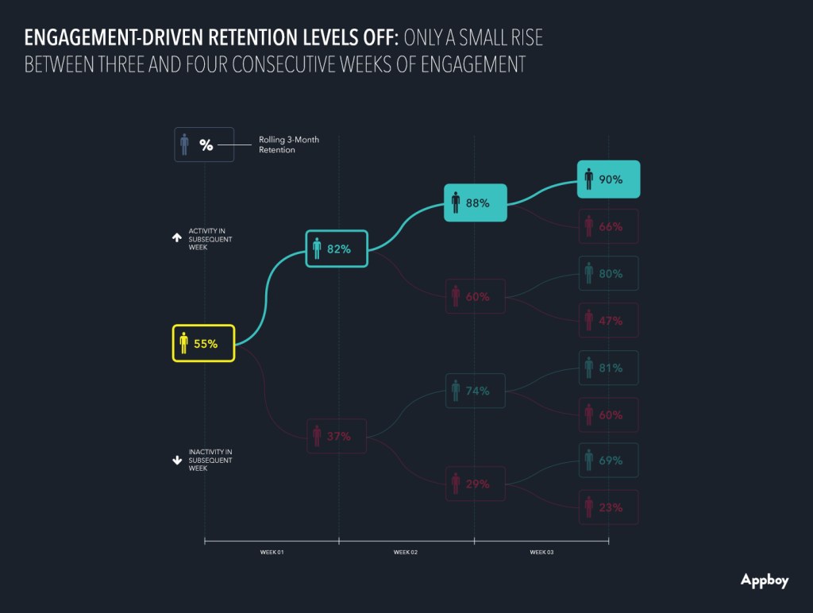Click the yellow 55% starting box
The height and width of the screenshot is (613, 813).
pos(204,343)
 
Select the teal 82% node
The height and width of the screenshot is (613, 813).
pos(337,249)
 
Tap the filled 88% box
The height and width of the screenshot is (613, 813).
pos(475,202)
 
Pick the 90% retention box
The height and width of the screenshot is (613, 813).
pos(609,179)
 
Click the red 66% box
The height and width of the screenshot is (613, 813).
pos(609,226)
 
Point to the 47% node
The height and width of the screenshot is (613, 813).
pos(609,321)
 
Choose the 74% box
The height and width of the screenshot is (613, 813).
pos(475,391)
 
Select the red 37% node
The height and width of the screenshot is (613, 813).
pos(337,436)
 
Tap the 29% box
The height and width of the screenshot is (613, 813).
pos(475,484)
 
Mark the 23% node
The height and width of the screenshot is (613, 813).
pos(609,507)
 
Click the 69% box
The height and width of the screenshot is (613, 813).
pos(609,460)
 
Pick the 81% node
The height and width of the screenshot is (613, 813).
pos(609,368)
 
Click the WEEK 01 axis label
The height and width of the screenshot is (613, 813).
pos(272,552)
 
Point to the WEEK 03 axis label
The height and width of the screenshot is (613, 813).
pos(541,552)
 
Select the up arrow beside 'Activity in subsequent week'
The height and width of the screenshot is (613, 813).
pos(177,237)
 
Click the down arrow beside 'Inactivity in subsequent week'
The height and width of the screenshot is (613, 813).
pos(177,459)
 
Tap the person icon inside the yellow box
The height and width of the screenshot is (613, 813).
pos(183,343)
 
